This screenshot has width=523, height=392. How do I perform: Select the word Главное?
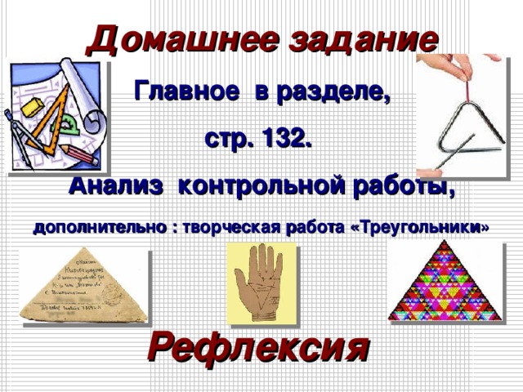point(183,91)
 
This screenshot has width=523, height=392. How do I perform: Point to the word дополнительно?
point(96,228)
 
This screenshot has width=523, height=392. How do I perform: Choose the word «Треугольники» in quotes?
point(420,228)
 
